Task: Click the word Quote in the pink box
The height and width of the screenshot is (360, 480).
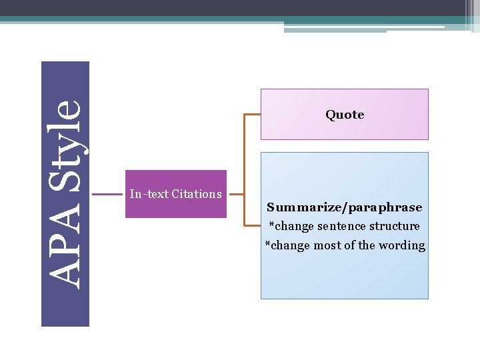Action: click(x=345, y=115)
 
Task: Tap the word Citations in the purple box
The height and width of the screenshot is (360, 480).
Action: click(x=197, y=194)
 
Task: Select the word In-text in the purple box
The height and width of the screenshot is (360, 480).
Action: click(x=149, y=194)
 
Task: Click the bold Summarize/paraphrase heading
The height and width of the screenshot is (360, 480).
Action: click(x=345, y=207)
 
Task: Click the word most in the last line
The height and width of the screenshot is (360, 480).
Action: click(x=327, y=245)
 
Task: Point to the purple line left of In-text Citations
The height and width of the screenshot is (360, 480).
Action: click(x=107, y=194)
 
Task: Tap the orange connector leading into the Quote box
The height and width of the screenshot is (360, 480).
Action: click(x=252, y=115)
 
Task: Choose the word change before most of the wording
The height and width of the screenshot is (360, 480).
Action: click(x=290, y=245)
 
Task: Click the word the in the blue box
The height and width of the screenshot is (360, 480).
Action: click(x=367, y=245)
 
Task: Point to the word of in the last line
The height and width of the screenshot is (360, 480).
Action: click(x=350, y=245)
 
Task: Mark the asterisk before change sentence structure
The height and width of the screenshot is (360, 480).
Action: click(x=271, y=225)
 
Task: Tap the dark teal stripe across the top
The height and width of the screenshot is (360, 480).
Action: click(x=200, y=19)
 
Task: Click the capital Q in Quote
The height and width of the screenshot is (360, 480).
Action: click(x=330, y=115)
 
